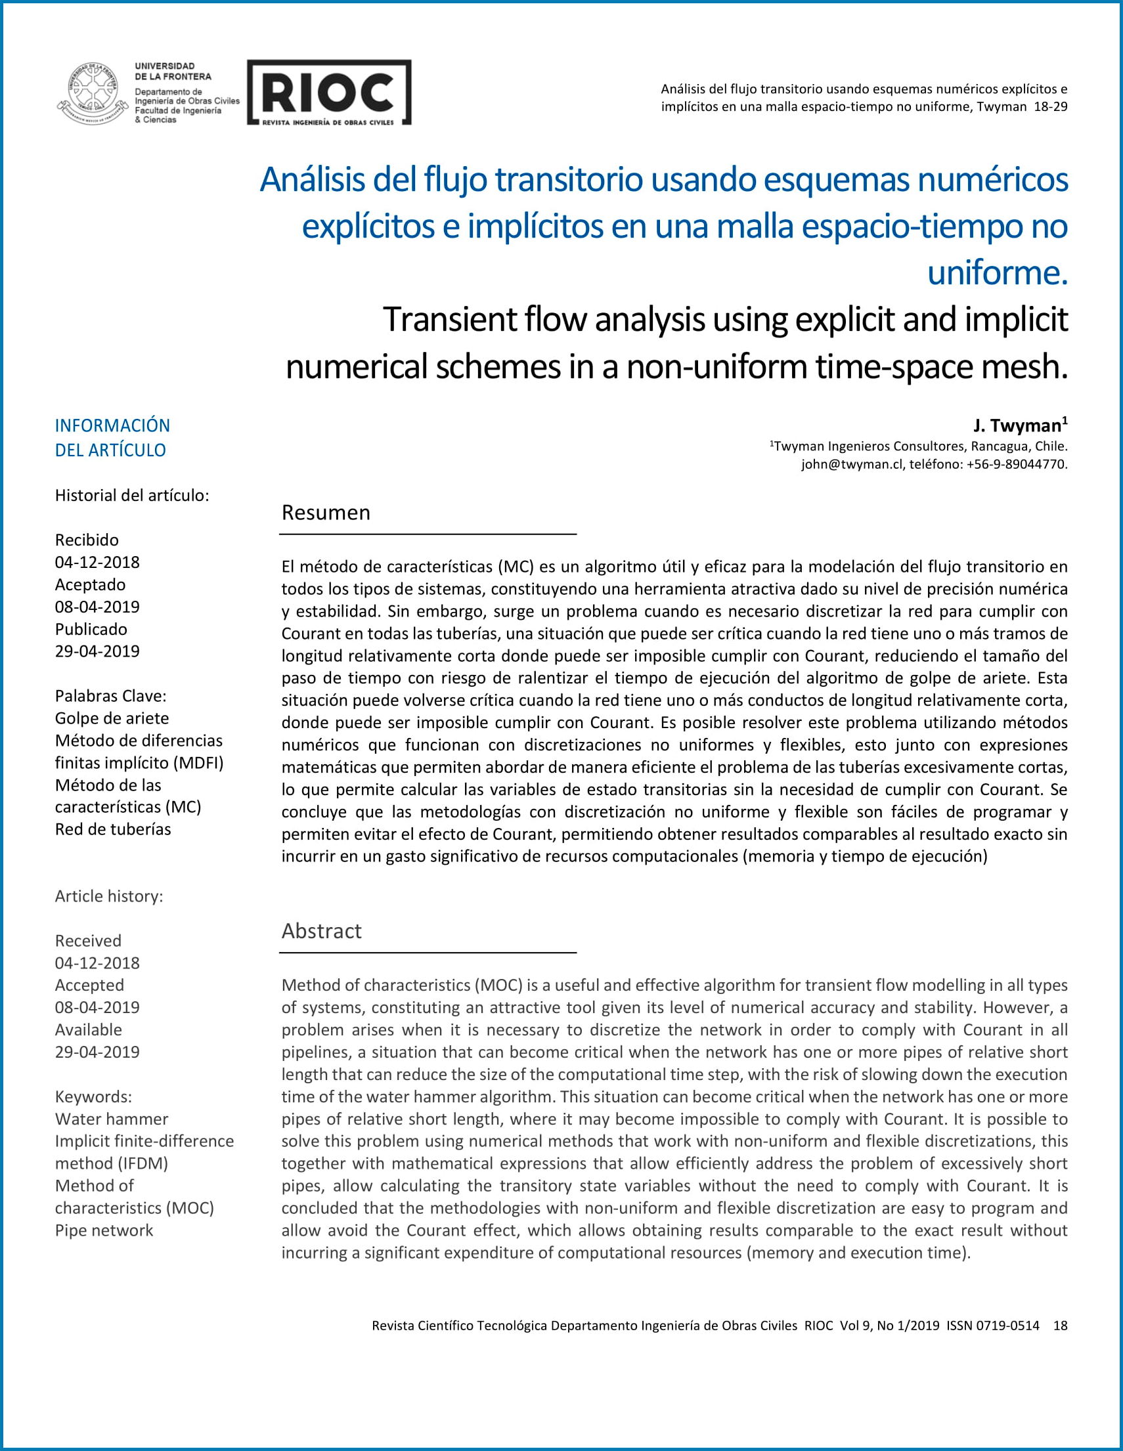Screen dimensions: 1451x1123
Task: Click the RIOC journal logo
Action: [x=329, y=93]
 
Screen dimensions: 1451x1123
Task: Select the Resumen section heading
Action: [x=326, y=513]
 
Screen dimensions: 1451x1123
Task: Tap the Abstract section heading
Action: [x=322, y=931]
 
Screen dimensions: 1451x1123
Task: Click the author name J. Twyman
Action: [x=1017, y=425]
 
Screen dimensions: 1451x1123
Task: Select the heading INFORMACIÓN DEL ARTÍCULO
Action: [x=112, y=437]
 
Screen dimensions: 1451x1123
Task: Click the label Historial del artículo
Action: [x=131, y=496]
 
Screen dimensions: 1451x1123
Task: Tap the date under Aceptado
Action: [x=97, y=607]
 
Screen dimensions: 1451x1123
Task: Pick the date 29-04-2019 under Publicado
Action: [x=97, y=651]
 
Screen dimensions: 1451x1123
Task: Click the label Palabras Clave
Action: [x=110, y=695]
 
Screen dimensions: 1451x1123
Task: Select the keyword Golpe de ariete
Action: [x=112, y=718]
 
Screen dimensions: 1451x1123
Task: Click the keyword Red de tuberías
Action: [x=113, y=829]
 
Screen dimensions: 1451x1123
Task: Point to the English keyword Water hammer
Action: [x=112, y=1119]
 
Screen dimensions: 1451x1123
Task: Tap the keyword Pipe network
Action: [x=104, y=1230]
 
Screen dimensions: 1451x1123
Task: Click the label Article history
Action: [x=109, y=896]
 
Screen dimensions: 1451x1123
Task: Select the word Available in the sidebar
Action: [x=89, y=1029]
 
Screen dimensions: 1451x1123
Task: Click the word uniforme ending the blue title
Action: [x=997, y=273]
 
